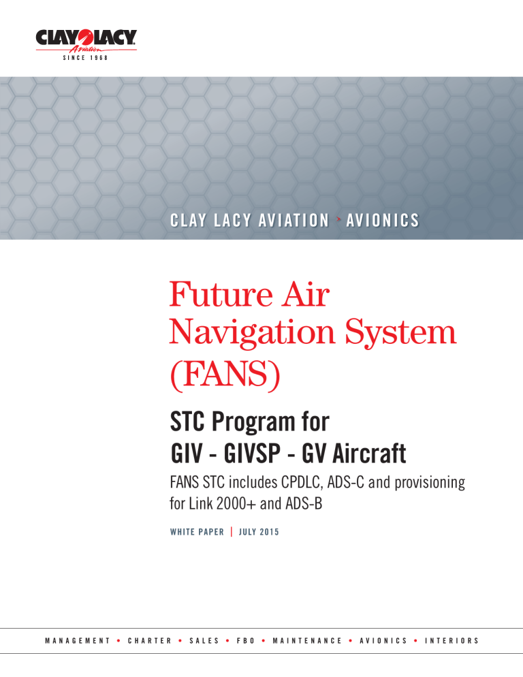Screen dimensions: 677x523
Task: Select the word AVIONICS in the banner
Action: click(382, 220)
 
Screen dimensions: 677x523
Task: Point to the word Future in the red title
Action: click(219, 297)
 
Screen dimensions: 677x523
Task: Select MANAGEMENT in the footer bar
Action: click(77, 640)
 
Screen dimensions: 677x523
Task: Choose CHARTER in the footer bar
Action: click(149, 640)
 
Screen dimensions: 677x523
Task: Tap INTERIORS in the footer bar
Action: click(451, 640)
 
